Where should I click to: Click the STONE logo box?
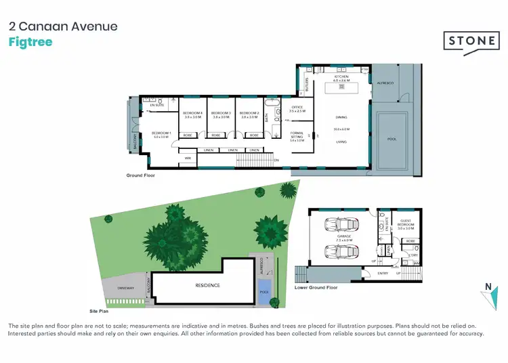pos(471,41)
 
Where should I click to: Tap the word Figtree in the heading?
pos(30,42)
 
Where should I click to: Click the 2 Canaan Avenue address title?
pos(63,26)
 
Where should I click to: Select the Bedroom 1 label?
pos(161,133)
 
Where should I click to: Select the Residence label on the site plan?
pos(207,285)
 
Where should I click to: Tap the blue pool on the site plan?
pos(263,293)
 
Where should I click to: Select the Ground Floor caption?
pos(141,175)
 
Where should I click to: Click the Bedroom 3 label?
pos(221,114)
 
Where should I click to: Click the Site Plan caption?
pos(100,311)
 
